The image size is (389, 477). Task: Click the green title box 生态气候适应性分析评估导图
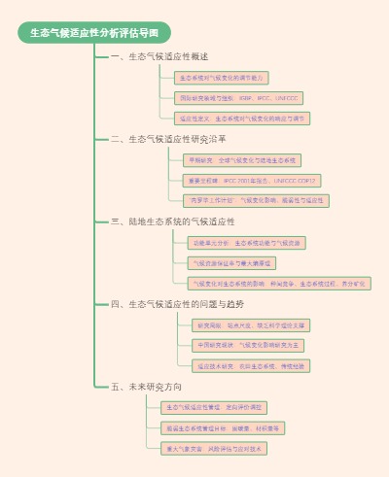tap(94, 33)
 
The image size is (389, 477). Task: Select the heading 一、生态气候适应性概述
tap(159, 57)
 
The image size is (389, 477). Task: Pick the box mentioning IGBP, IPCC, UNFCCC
tap(238, 98)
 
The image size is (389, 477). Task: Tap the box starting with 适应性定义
tap(242, 119)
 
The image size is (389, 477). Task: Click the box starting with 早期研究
tap(242, 159)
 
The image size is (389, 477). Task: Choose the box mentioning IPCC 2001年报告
tap(251, 181)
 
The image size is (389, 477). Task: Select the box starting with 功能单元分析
tap(247, 242)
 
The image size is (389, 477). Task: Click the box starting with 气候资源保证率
tap(231, 262)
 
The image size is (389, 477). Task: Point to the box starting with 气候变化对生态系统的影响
tap(278, 284)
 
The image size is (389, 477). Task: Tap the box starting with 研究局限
tap(252, 324)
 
